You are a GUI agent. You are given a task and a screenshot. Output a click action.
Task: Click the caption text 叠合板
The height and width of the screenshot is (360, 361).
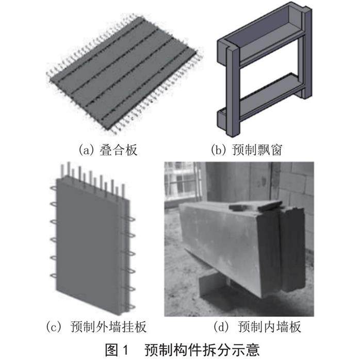point(118,150)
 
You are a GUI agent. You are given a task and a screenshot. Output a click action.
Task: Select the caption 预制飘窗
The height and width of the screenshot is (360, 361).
point(257,150)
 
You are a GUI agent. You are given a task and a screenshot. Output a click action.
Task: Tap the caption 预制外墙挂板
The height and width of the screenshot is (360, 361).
point(108,326)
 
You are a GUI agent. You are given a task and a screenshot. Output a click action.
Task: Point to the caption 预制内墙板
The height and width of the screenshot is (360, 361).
point(269,326)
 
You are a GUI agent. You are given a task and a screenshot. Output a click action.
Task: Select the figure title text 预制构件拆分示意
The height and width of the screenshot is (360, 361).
point(202,350)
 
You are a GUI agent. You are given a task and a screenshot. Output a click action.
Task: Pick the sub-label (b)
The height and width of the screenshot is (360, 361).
point(219,150)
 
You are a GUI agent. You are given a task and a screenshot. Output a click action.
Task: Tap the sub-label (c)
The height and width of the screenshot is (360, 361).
point(54,326)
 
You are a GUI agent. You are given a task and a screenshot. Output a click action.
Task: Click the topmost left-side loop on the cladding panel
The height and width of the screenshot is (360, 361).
point(54,188)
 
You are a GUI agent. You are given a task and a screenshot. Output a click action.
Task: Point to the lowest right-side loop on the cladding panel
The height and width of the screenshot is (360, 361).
point(130,307)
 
